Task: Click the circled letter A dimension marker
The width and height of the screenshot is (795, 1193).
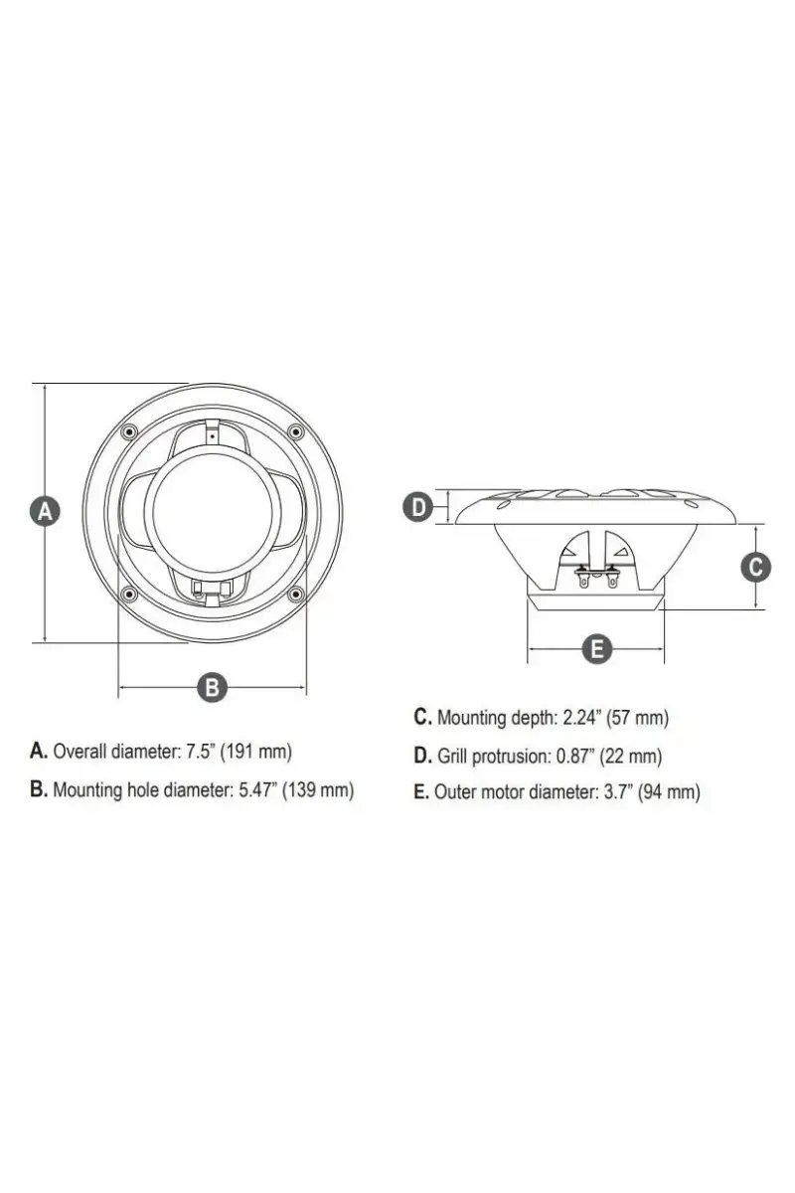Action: (45, 512)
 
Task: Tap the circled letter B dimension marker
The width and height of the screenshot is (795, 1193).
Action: (212, 687)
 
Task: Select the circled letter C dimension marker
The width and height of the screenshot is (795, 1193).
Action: (756, 567)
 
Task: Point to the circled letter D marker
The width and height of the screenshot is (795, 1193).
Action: (419, 507)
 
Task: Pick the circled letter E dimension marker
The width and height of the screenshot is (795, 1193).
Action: (597, 649)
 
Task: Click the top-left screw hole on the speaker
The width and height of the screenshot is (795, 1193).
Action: (128, 431)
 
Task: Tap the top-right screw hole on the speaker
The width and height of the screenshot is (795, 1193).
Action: (295, 430)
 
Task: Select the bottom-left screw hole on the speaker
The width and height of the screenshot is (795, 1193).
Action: (128, 594)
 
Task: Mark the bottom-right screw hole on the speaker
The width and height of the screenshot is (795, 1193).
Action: (296, 593)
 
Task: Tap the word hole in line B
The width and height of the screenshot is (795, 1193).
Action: (143, 789)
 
